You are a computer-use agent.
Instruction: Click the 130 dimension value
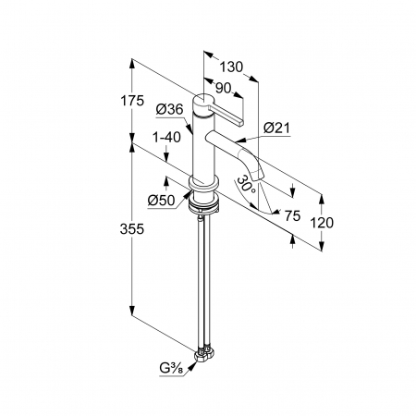pyautogui.click(x=231, y=67)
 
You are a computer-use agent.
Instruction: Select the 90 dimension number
pyautogui.click(x=224, y=89)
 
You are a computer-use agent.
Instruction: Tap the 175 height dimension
pyautogui.click(x=132, y=101)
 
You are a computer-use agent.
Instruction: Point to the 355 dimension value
pyautogui.click(x=132, y=229)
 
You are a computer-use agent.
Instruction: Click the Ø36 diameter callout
pyautogui.click(x=169, y=109)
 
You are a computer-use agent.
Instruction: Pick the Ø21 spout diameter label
pyautogui.click(x=277, y=128)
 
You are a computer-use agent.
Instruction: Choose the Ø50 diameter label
pyautogui.click(x=161, y=201)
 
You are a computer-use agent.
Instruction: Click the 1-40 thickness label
pyautogui.click(x=166, y=138)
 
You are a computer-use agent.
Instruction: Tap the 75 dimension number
pyautogui.click(x=292, y=215)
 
